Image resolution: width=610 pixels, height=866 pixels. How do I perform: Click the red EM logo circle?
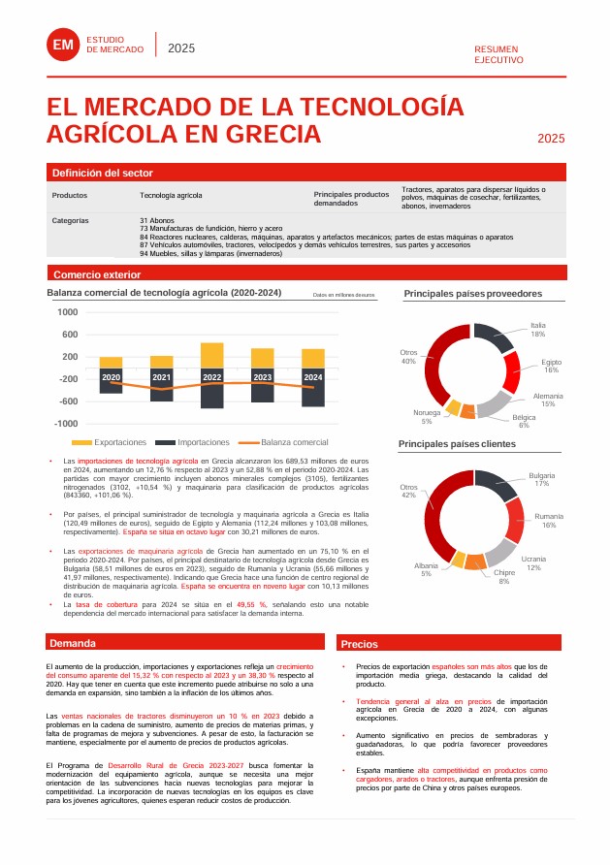(x=62, y=46)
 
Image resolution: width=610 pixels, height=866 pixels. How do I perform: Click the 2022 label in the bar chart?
(x=211, y=377)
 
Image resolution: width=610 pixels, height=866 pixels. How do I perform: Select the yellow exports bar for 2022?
(x=211, y=355)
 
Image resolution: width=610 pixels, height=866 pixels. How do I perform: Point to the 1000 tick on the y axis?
(x=67, y=312)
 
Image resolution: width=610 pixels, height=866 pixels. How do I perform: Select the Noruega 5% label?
(x=426, y=417)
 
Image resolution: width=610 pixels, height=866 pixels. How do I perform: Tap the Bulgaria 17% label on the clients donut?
(x=541, y=479)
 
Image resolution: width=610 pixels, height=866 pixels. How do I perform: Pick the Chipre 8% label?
(x=504, y=577)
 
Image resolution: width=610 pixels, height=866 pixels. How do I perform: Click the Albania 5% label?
(x=426, y=569)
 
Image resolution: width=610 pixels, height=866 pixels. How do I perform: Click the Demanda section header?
(x=73, y=643)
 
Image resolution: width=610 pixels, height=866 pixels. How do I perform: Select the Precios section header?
(x=359, y=644)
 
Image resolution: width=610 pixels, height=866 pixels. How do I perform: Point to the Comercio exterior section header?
(x=97, y=274)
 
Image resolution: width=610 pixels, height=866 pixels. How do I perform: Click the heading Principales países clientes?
(x=457, y=444)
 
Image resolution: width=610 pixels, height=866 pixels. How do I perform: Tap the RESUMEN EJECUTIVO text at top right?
(x=498, y=54)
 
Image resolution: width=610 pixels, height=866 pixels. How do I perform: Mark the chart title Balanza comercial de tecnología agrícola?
(x=164, y=293)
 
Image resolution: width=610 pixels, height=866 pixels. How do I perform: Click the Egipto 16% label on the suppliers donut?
(x=551, y=366)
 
